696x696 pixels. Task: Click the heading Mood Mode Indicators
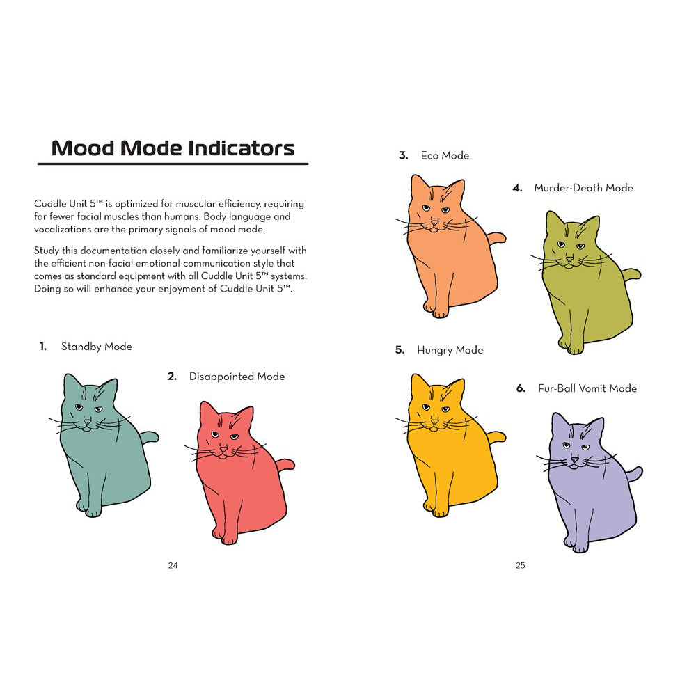pyautogui.click(x=173, y=148)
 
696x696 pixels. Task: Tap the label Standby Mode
pyautogui.click(x=96, y=346)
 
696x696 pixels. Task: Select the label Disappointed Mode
pyautogui.click(x=237, y=376)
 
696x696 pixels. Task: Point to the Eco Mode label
pyautogui.click(x=445, y=155)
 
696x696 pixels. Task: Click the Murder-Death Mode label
pyautogui.click(x=583, y=187)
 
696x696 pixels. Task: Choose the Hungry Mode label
pyautogui.click(x=450, y=349)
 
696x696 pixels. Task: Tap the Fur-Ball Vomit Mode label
pyautogui.click(x=587, y=388)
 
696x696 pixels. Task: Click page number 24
pyautogui.click(x=173, y=565)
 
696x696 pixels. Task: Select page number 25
pyautogui.click(x=520, y=565)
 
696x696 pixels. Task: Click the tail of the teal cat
pyautogui.click(x=150, y=437)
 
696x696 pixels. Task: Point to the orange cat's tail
pyautogui.click(x=496, y=238)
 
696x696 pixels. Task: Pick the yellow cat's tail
pyautogui.click(x=496, y=437)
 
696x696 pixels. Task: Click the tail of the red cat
pyautogui.click(x=285, y=464)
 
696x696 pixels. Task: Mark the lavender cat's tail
pyautogui.click(x=633, y=475)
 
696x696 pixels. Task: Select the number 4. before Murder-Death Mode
pyautogui.click(x=517, y=187)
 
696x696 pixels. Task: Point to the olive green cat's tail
pyautogui.click(x=632, y=273)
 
